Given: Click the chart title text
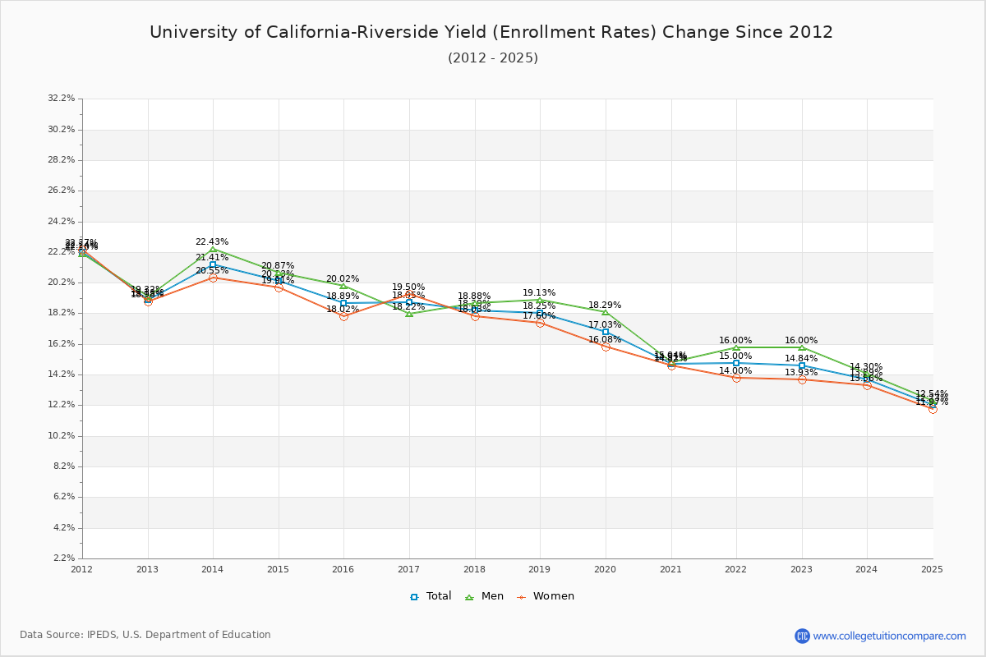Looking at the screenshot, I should (x=491, y=32).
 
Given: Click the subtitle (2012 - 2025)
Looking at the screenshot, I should (x=493, y=58).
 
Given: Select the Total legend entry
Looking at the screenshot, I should (x=431, y=596).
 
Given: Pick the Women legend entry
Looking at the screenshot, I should (x=546, y=596).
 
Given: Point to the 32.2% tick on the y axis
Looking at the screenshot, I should (x=62, y=99).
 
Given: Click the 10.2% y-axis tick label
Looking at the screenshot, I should (x=62, y=435).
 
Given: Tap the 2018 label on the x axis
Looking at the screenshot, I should (x=474, y=568).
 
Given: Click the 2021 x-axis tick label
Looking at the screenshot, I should (x=670, y=568).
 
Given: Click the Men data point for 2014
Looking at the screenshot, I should (x=213, y=250).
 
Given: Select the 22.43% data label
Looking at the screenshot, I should (x=212, y=242).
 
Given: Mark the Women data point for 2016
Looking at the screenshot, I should (x=343, y=316).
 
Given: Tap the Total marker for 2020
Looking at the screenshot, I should (x=606, y=332).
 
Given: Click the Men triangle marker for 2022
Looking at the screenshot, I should (x=736, y=347).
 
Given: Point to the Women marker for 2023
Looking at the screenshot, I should (x=802, y=379).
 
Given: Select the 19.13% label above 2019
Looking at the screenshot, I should (x=539, y=293).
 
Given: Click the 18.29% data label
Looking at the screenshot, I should (x=605, y=306).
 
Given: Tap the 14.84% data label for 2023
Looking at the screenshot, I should (x=801, y=359).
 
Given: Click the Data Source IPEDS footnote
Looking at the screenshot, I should (x=145, y=635).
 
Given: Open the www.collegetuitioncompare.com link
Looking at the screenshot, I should (x=889, y=636).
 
